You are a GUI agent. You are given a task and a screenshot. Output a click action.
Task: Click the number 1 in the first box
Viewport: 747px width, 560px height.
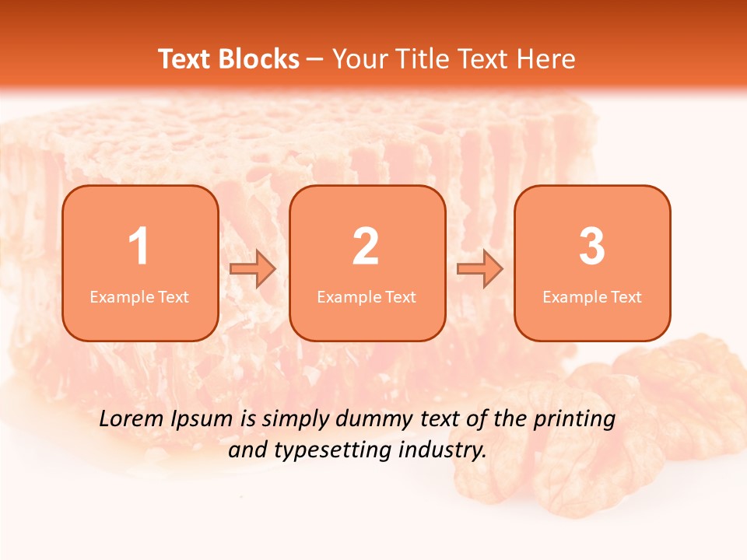tap(139, 247)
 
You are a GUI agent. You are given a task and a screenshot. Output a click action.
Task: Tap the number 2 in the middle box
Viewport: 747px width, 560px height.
tap(366, 247)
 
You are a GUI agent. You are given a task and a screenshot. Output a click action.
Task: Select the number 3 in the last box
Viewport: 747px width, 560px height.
tap(592, 247)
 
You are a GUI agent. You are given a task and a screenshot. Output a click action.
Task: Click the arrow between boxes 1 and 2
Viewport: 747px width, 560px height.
tap(253, 269)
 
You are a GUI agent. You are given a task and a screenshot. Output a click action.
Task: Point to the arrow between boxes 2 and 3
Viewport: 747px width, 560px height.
tap(480, 269)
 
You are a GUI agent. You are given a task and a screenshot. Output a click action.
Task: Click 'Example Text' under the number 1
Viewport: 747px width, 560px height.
tap(139, 297)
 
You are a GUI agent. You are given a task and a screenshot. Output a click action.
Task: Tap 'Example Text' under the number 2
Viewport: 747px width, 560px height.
tap(366, 297)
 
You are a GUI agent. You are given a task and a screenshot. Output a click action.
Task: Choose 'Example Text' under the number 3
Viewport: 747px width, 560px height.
tap(592, 297)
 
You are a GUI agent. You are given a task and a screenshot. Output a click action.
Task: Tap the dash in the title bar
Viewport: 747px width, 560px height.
tap(316, 60)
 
